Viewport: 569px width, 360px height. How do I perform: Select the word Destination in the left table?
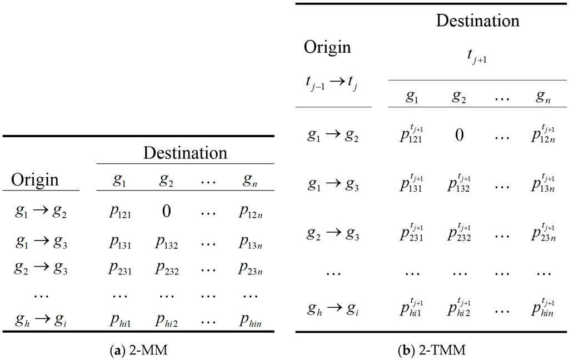click(185, 153)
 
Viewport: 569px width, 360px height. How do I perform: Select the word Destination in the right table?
click(477, 21)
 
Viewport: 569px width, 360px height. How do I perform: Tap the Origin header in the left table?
click(35, 180)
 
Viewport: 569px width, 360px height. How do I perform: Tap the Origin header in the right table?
click(327, 47)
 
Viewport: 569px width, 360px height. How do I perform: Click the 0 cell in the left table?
click(166, 212)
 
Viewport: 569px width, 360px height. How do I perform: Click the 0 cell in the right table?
click(459, 134)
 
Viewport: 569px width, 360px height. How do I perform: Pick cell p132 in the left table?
click(166, 242)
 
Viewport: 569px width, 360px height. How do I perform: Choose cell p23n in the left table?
click(251, 268)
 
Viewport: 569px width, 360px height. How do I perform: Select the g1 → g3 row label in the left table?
click(40, 242)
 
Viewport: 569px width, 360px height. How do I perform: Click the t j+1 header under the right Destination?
click(476, 57)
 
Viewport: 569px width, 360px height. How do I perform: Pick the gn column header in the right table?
click(543, 97)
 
